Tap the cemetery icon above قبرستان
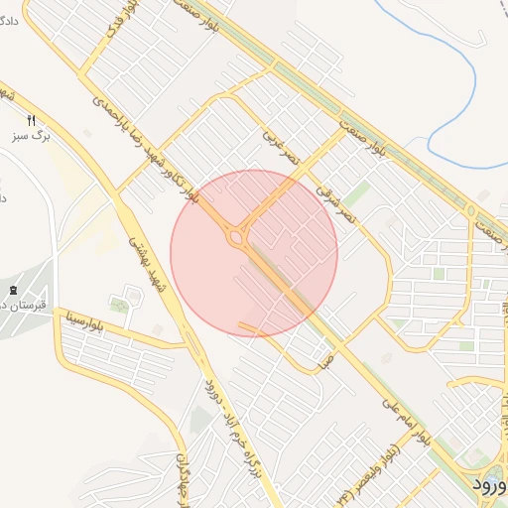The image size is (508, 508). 11,290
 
